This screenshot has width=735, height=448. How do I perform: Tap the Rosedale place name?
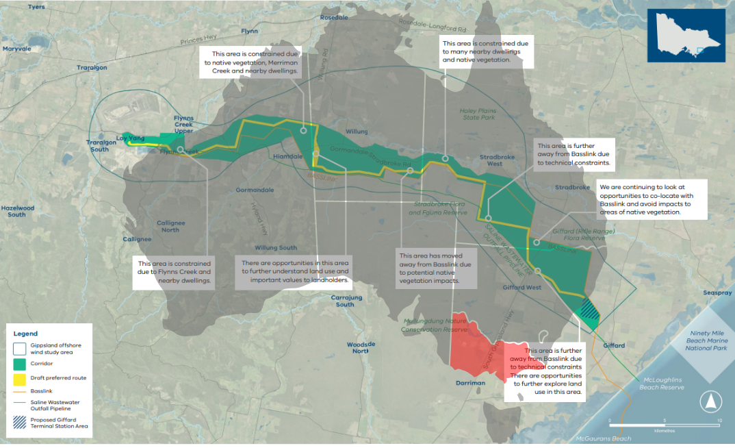click(333, 16)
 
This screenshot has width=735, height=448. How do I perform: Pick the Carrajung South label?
click(345, 301)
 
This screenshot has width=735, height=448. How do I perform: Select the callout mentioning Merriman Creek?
click(255, 62)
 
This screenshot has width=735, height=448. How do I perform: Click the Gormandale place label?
click(255, 189)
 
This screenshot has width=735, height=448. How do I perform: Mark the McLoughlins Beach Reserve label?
click(662, 384)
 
